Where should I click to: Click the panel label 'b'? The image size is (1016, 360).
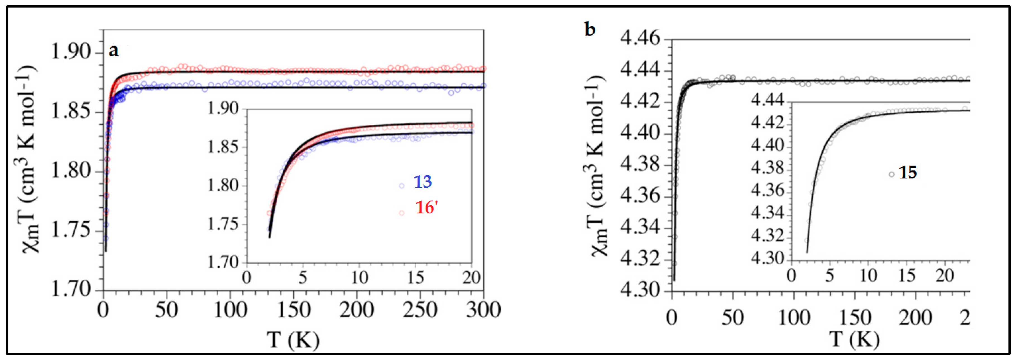[590, 30]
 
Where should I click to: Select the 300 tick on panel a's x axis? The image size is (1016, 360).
[483, 310]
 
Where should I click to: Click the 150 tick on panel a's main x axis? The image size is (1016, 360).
[293, 310]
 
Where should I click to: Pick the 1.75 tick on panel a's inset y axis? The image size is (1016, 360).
[224, 225]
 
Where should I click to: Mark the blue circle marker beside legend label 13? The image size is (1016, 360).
[401, 185]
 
